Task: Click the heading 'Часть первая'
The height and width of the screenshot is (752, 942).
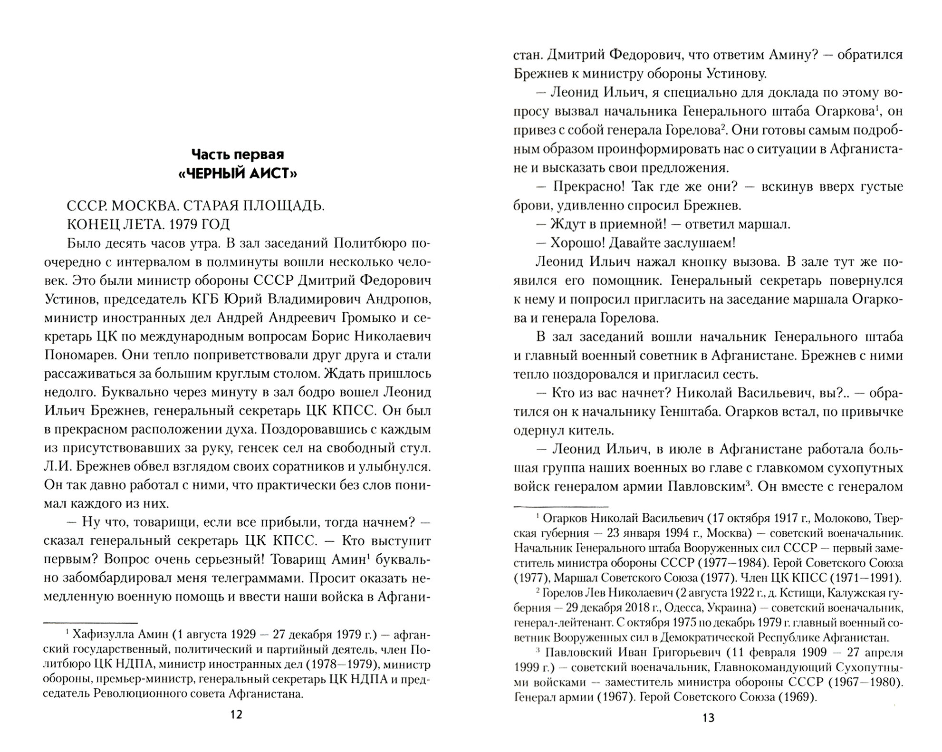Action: [x=237, y=154]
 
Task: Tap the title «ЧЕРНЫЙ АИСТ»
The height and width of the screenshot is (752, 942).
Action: [x=237, y=174]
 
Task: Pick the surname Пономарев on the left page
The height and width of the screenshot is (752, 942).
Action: [x=77, y=355]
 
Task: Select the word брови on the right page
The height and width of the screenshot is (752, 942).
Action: [x=529, y=206]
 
